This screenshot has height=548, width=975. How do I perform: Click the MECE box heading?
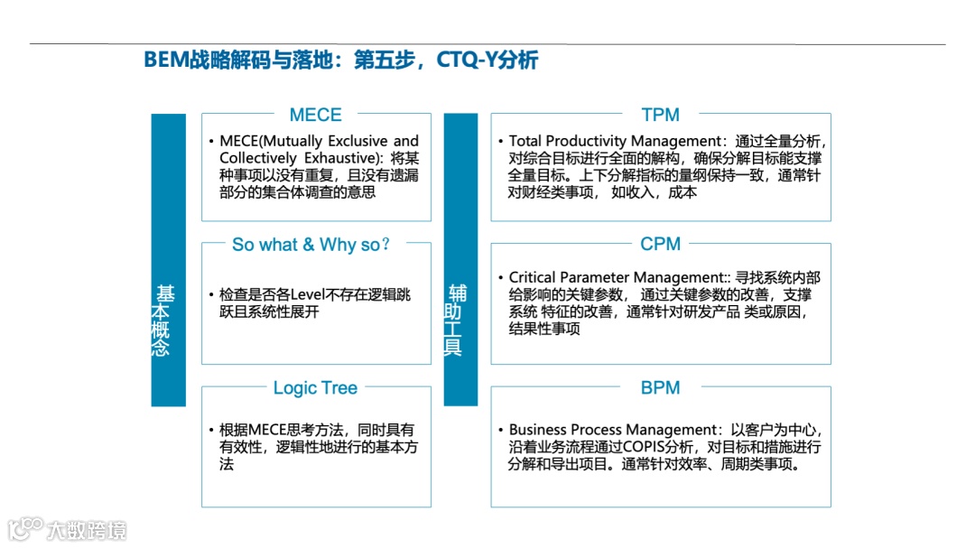[x=315, y=115]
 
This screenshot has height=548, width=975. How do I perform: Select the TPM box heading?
[x=660, y=115]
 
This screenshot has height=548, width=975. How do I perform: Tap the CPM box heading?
[x=660, y=244]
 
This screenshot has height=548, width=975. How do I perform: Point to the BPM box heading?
[x=660, y=387]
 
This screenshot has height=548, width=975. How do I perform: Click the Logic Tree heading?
[x=315, y=387]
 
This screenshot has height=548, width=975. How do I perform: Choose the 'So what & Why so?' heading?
[x=311, y=244]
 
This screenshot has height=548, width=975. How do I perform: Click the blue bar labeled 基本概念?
[x=168, y=260]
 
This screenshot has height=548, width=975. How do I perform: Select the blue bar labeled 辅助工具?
[x=460, y=260]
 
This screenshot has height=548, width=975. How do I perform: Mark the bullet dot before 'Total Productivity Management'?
[x=500, y=142]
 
